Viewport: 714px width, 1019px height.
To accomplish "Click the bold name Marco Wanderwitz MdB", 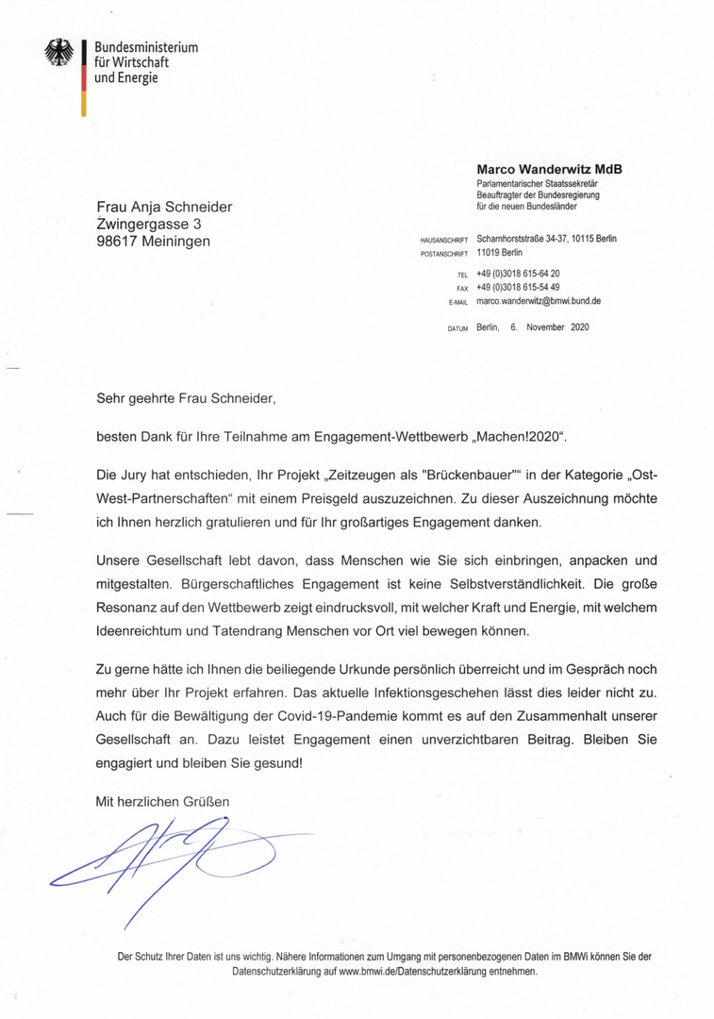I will (x=549, y=170).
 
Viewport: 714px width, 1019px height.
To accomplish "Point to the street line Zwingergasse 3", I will (x=149, y=224).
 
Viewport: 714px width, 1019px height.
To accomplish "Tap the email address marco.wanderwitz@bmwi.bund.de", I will (x=539, y=301).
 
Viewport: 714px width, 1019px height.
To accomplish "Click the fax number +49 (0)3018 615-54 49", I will (x=518, y=287).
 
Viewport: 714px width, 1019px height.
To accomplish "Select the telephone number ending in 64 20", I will (x=518, y=273).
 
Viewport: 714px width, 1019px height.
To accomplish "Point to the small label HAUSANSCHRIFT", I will (x=444, y=241).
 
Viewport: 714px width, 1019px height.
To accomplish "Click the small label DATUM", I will (x=457, y=328).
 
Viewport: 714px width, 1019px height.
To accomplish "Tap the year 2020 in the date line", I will (x=579, y=327).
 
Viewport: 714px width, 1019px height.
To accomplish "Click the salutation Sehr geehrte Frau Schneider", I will (x=186, y=398).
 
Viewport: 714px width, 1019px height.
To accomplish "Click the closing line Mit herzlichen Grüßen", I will (x=162, y=801).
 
